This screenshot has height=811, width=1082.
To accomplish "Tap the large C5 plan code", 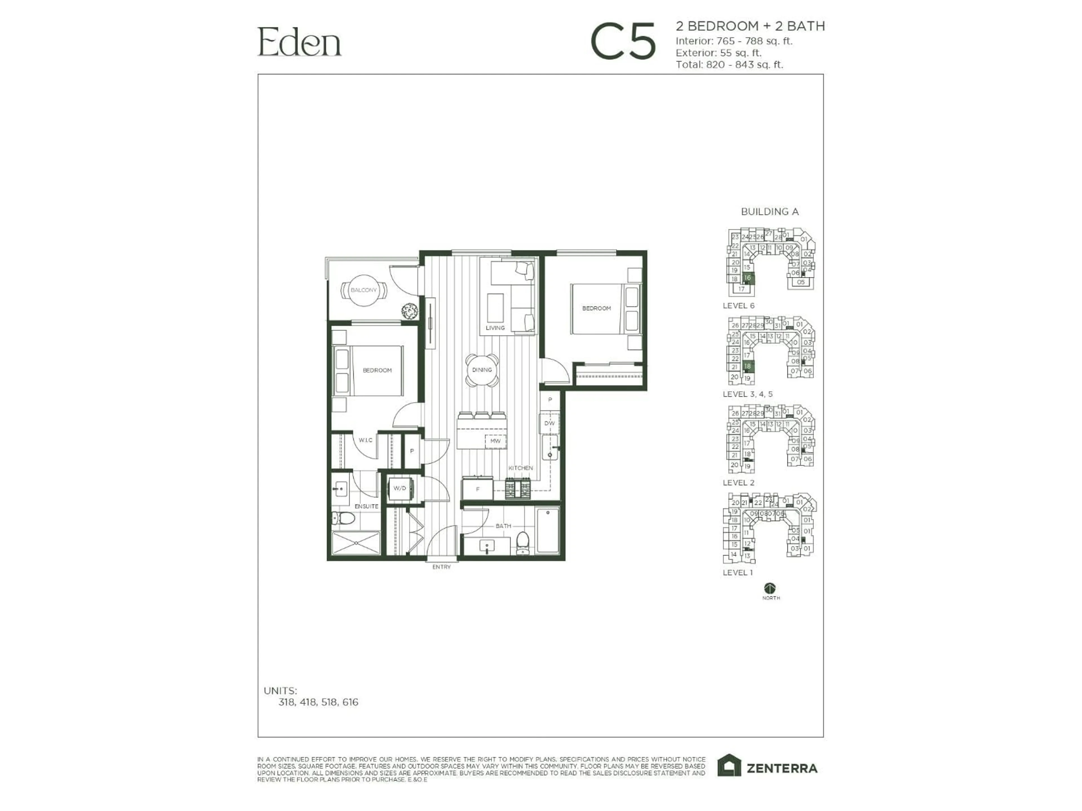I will (623, 42).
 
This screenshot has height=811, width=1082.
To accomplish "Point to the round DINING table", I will (482, 370).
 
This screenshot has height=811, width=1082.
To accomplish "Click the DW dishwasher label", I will (549, 423).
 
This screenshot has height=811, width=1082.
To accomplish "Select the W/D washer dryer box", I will (400, 488).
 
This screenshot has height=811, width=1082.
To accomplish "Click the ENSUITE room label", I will (366, 506).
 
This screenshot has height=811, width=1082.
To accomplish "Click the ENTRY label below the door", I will (441, 567).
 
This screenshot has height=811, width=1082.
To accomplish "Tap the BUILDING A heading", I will (770, 212).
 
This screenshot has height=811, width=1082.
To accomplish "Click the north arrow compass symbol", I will (770, 588).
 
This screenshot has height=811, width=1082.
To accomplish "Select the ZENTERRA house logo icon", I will (729, 766).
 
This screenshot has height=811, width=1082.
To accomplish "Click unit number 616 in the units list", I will (350, 703).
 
